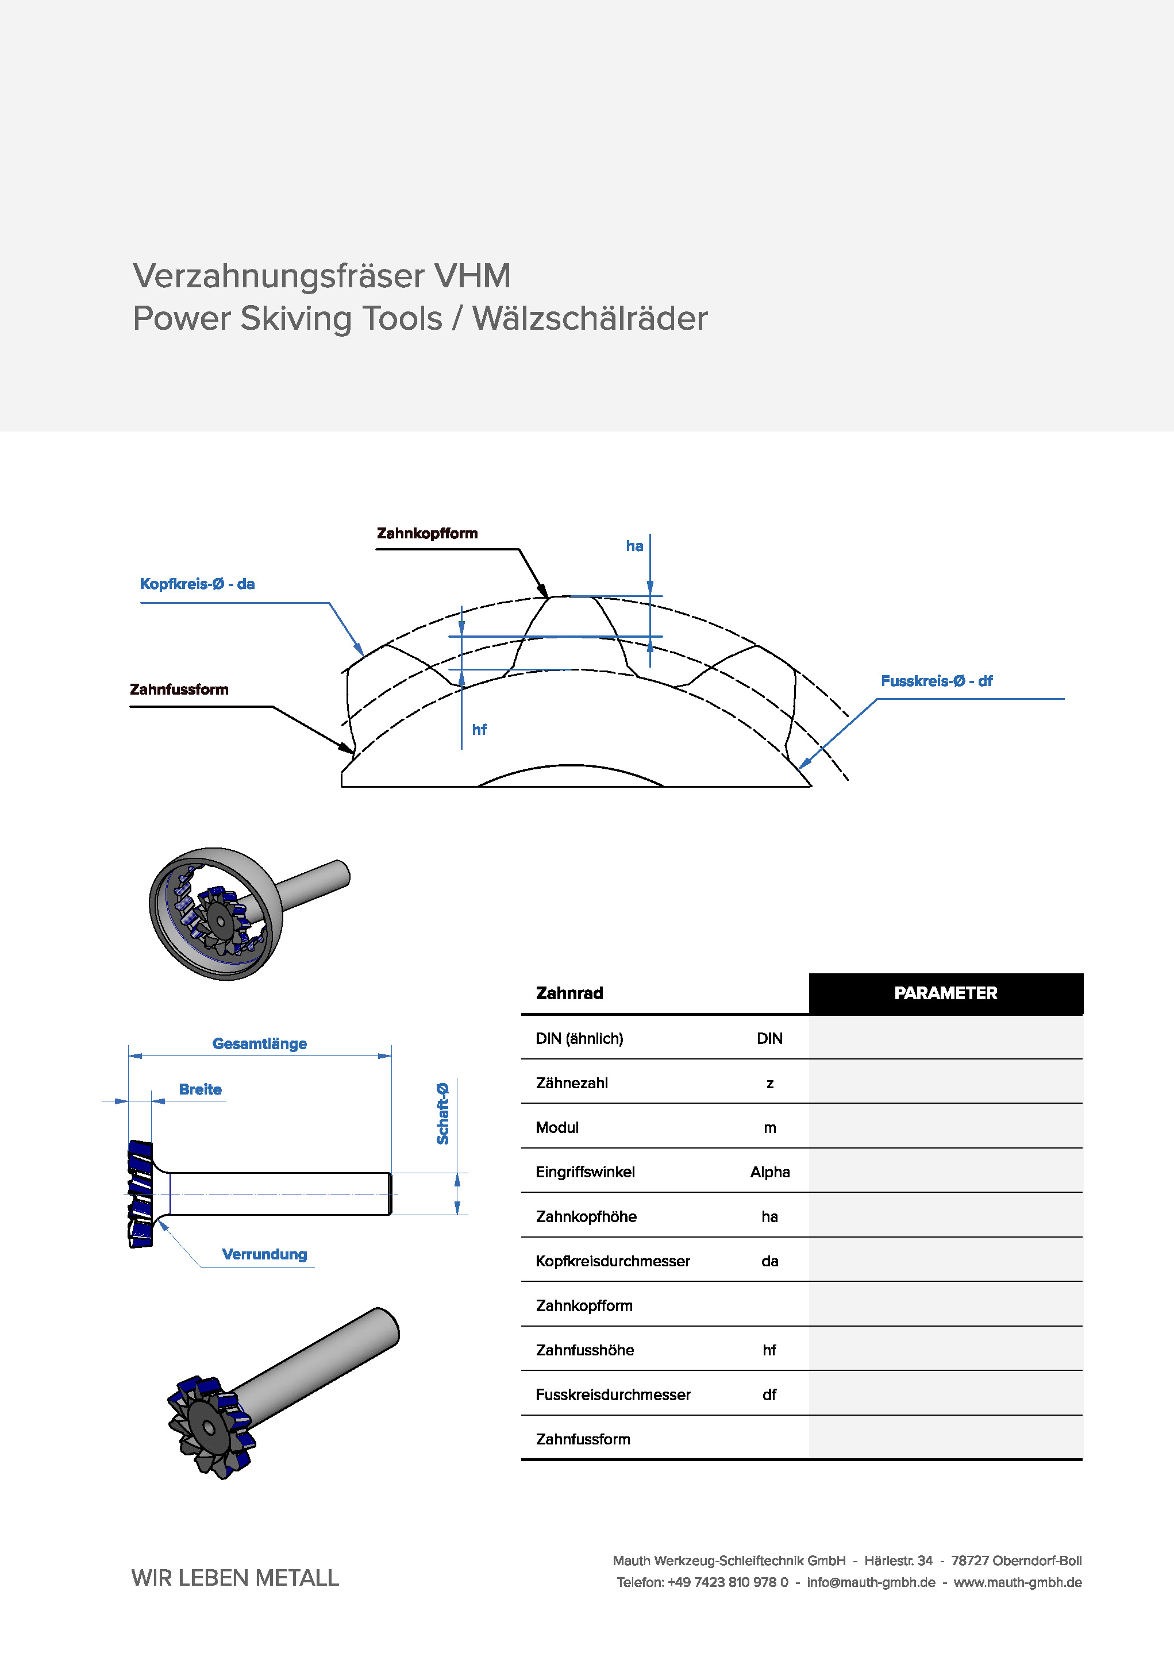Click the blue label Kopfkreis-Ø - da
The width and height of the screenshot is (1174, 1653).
pos(197,584)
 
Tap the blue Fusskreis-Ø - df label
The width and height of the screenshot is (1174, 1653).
pos(936,681)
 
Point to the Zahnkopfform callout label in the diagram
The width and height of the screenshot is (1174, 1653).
pos(427,533)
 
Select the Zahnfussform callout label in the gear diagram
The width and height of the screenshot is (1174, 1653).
pos(179,689)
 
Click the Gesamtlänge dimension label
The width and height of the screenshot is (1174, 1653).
pos(260,1044)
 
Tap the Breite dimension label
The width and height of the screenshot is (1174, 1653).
pos(200,1089)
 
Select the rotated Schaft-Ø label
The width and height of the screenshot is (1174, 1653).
pos(442,1114)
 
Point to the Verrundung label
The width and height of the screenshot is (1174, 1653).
pos(264,1254)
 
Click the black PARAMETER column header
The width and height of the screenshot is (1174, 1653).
pos(945,993)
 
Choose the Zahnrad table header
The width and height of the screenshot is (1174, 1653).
pos(569,993)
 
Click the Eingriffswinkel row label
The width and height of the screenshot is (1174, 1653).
pos(585,1172)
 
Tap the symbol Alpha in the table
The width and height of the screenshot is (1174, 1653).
pos(770,1172)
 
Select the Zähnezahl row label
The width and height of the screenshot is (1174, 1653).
pos(572,1082)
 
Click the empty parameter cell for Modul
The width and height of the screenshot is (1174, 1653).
pos(945,1127)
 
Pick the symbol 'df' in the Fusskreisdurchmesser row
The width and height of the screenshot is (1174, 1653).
pos(769,1394)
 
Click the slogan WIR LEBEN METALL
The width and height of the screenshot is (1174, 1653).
pos(235,1577)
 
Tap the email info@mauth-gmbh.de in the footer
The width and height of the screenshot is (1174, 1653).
pos(871,1582)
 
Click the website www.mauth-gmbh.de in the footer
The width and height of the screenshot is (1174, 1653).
pos(1018,1582)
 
